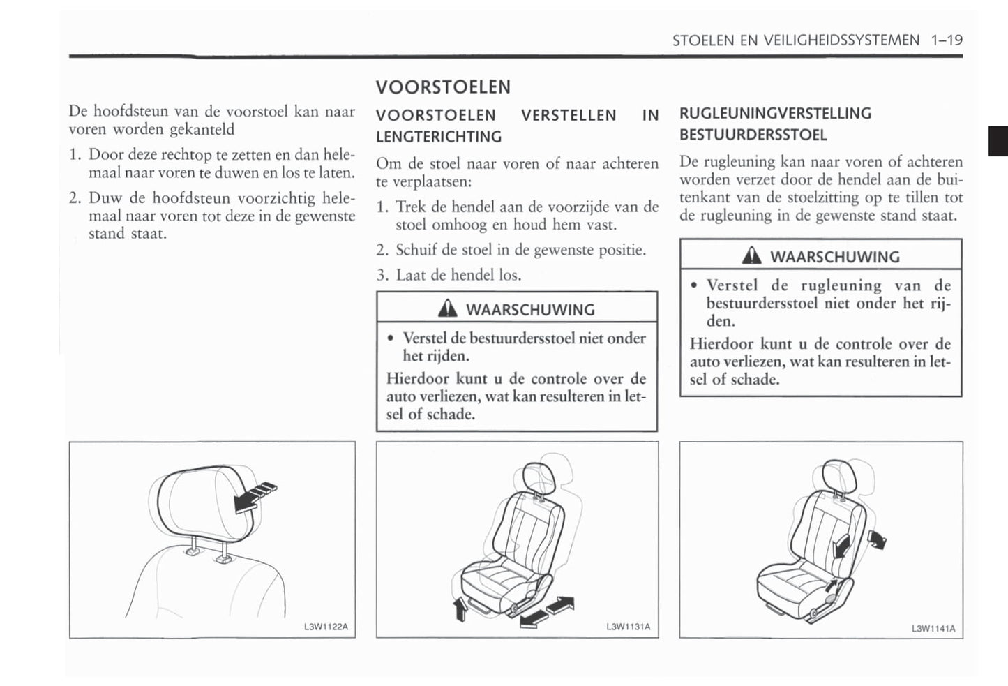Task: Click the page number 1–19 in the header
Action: point(946,40)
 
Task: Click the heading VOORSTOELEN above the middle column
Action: point(443,87)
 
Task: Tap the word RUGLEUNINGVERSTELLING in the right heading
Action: point(775,114)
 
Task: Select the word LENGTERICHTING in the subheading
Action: point(438,137)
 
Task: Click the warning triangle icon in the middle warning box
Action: point(447,308)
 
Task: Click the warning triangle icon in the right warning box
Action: point(751,256)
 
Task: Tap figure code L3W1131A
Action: point(628,627)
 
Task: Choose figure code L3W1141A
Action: point(933,629)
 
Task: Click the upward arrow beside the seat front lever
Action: point(460,609)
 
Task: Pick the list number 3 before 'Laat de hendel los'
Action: point(382,276)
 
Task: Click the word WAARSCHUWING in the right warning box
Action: point(834,257)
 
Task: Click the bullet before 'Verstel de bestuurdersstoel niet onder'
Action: point(391,339)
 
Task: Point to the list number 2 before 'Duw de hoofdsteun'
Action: point(75,198)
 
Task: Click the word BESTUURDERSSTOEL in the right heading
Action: point(753,135)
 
